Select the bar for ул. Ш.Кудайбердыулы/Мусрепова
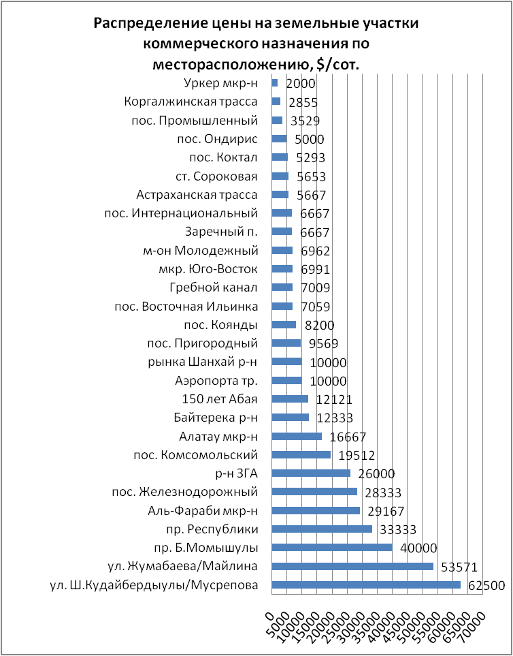[x=366, y=584]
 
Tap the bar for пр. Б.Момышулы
[x=332, y=547]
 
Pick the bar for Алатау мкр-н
[x=297, y=436]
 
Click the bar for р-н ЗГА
[x=311, y=473]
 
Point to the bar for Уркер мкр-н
[x=275, y=83]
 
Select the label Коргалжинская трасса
[x=191, y=102]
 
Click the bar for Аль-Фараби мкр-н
[x=316, y=510]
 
